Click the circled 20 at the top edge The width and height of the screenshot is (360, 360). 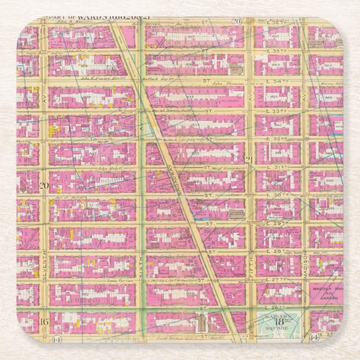(237, 21)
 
